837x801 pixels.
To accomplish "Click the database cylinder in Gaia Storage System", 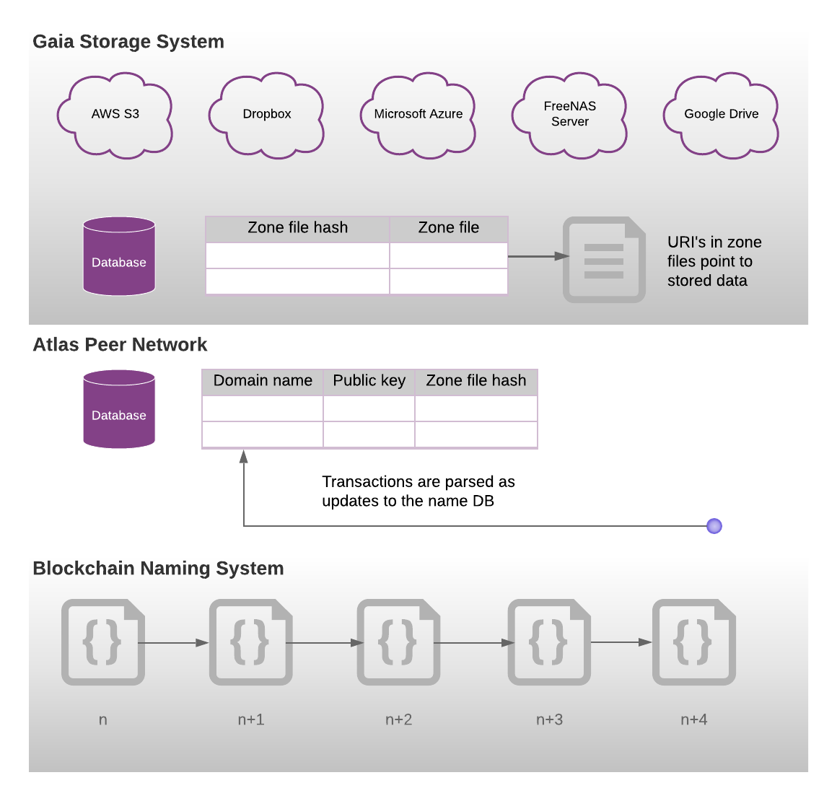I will click(119, 256).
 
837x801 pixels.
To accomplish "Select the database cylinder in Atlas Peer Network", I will click(119, 409).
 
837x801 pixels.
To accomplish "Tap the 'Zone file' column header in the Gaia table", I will click(448, 228).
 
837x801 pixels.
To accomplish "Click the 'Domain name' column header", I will click(263, 381).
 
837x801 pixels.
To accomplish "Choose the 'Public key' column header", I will click(369, 381).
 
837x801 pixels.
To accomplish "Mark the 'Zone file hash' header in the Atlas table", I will click(476, 381).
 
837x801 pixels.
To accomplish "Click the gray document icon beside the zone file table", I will click(604, 260).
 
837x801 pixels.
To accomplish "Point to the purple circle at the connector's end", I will click(714, 526).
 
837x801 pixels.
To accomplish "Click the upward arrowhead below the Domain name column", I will click(244, 456).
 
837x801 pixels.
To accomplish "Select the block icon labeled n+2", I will click(398, 642).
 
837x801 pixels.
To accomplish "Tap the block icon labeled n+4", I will click(693, 642).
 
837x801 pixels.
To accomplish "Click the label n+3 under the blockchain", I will click(549, 719).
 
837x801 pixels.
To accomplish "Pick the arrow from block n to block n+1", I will click(173, 642).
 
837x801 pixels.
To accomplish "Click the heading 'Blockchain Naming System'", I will click(158, 569).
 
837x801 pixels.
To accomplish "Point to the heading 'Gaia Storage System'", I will click(128, 42).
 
